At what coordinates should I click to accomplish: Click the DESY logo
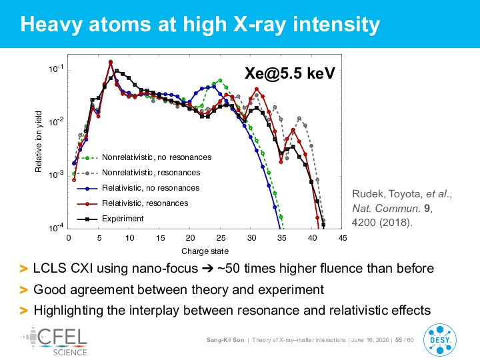[440, 339]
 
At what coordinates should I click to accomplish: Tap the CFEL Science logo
[55, 341]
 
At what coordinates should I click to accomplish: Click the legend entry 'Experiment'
[123, 219]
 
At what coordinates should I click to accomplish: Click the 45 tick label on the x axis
[343, 238]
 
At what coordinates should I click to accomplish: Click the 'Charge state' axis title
[205, 251]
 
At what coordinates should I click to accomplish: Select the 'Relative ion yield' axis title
[38, 142]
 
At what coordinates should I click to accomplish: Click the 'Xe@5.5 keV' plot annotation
[289, 73]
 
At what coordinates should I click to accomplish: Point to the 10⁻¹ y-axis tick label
[56, 69]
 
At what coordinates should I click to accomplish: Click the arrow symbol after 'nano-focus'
[207, 269]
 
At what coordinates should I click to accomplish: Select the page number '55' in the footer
[399, 340]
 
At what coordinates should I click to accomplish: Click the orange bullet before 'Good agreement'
[23, 290]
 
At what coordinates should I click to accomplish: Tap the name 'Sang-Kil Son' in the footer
[225, 340]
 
